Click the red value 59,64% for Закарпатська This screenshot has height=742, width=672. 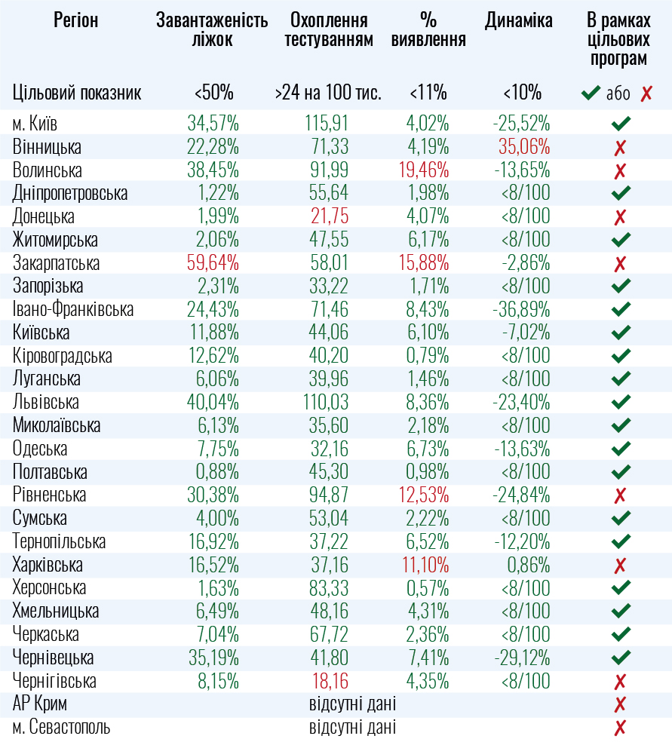pyautogui.click(x=213, y=264)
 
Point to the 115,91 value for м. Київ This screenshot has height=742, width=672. pyautogui.click(x=327, y=124)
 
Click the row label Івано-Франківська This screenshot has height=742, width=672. pyautogui.click(x=73, y=310)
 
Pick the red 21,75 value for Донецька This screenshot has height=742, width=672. pyautogui.click(x=330, y=217)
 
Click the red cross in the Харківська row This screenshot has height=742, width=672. pyautogui.click(x=621, y=566)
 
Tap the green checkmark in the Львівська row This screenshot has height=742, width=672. pyautogui.click(x=621, y=403)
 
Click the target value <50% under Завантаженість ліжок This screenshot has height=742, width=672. pyautogui.click(x=213, y=94)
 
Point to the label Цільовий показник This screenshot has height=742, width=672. pyautogui.click(x=77, y=94)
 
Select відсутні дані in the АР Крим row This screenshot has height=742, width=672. pyautogui.click(x=352, y=705)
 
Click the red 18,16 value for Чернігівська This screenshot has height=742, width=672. pyautogui.click(x=330, y=682)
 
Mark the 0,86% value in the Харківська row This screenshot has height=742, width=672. pyautogui.click(x=528, y=566)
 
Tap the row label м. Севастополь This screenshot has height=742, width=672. pyautogui.click(x=61, y=728)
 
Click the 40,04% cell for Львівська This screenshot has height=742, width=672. pyautogui.click(x=213, y=403)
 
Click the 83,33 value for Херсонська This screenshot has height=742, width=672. pyautogui.click(x=330, y=588)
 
